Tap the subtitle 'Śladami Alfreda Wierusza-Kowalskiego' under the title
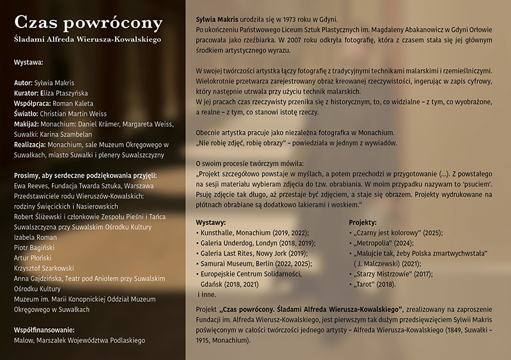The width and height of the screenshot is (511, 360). pos(87,40)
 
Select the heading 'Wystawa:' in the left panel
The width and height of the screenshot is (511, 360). pos(29,63)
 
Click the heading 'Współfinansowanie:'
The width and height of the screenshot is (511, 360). pos(44,330)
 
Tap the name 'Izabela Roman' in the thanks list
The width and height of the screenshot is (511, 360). pos(35,237)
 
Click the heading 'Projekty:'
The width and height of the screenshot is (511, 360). pos(363,223)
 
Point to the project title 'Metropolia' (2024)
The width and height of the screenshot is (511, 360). pos(376,243)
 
